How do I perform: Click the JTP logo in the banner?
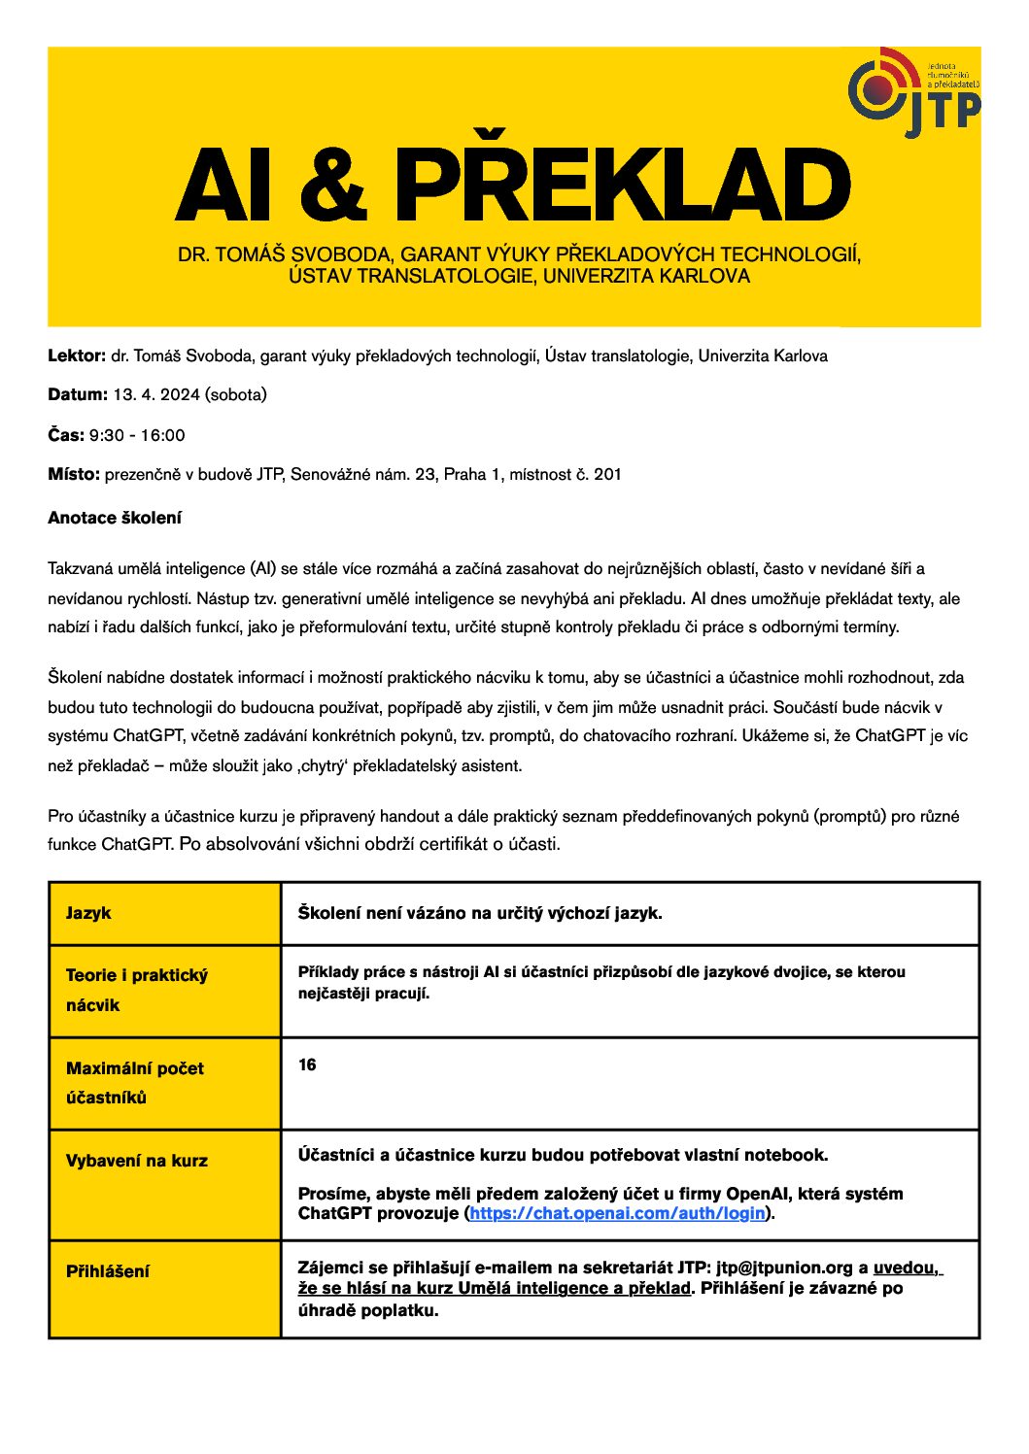pyautogui.click(x=912, y=92)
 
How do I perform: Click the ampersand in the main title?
pyautogui.click(x=333, y=186)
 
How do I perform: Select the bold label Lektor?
pyautogui.click(x=77, y=355)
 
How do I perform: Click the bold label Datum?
pyautogui.click(x=78, y=394)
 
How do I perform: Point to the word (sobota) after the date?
pyautogui.click(x=236, y=394)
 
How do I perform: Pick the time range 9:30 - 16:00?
pyautogui.click(x=137, y=435)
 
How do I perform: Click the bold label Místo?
pyautogui.click(x=74, y=474)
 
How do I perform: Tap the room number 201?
pyautogui.click(x=607, y=474)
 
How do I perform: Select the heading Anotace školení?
pyautogui.click(x=115, y=518)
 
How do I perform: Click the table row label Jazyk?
pyautogui.click(x=88, y=913)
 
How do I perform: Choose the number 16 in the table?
pyautogui.click(x=307, y=1065)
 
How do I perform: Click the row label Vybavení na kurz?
pyautogui.click(x=137, y=1161)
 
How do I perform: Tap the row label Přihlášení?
pyautogui.click(x=108, y=1271)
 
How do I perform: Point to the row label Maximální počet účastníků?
pyautogui.click(x=135, y=1082)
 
